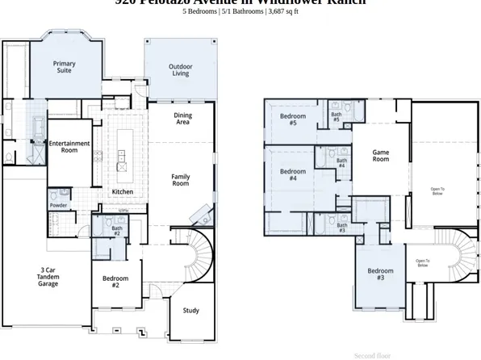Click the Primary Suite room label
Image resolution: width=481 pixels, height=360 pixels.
pyautogui.click(x=65, y=67)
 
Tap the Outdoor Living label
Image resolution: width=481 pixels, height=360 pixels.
pyautogui.click(x=180, y=70)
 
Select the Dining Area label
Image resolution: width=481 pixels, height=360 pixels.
pyautogui.click(x=183, y=119)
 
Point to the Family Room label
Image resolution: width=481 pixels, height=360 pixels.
pyautogui.click(x=180, y=180)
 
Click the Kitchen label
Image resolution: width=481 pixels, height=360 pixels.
pyautogui.click(x=123, y=191)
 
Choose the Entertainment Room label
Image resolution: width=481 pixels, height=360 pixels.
pyautogui.click(x=69, y=147)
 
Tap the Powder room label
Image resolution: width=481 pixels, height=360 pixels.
pyautogui.click(x=58, y=205)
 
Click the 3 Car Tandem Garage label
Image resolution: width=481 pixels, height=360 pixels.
pyautogui.click(x=48, y=277)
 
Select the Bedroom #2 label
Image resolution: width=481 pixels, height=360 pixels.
pyautogui.click(x=115, y=282)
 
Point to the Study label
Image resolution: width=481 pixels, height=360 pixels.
pyautogui.click(x=190, y=310)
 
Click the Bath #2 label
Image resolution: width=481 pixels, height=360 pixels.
pyautogui.click(x=117, y=231)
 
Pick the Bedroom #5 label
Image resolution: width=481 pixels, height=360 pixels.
pyautogui.click(x=292, y=119)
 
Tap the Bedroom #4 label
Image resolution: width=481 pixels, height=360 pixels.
pyautogui.click(x=292, y=174)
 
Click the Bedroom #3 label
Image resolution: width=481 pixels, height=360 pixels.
pyautogui.click(x=380, y=274)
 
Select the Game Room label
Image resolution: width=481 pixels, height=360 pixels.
pyautogui.click(x=380, y=156)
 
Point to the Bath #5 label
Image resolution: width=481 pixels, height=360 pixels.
pyautogui.click(x=337, y=117)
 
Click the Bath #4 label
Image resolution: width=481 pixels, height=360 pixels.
pyautogui.click(x=341, y=163)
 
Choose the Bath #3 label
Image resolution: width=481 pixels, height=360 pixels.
pyautogui.click(x=341, y=228)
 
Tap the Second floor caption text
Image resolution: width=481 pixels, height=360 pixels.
pyautogui.click(x=372, y=355)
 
